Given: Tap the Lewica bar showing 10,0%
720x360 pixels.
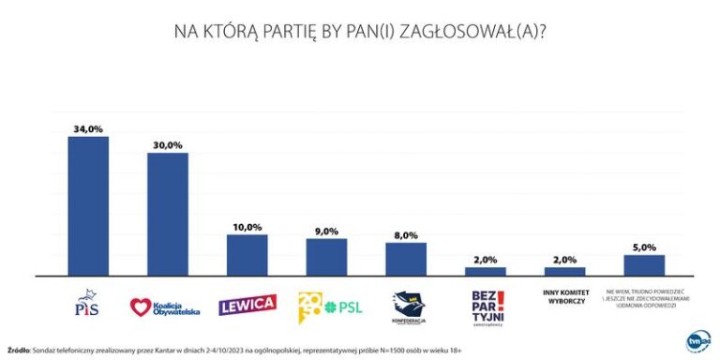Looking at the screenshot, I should (x=247, y=255).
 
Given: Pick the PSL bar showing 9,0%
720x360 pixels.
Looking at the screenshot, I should (x=326, y=257).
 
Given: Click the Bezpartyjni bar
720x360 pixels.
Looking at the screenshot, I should (x=486, y=271).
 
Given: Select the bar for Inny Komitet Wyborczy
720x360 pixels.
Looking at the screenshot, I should (x=564, y=271).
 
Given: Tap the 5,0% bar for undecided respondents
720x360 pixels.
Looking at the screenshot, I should (x=644, y=265).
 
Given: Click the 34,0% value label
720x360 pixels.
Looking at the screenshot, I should (x=89, y=128).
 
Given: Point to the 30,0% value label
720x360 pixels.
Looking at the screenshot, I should (x=169, y=144).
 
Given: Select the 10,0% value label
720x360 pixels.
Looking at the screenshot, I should (x=247, y=227).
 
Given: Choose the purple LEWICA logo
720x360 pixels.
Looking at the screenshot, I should (x=247, y=305).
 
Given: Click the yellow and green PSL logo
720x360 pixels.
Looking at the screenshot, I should (x=326, y=305).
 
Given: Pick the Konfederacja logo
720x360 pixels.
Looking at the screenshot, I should (x=406, y=307).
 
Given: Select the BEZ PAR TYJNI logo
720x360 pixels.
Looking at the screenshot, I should (x=486, y=307).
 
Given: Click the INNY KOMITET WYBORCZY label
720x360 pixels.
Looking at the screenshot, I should (x=564, y=298).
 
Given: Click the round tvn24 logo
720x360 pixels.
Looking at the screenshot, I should (x=698, y=340).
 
